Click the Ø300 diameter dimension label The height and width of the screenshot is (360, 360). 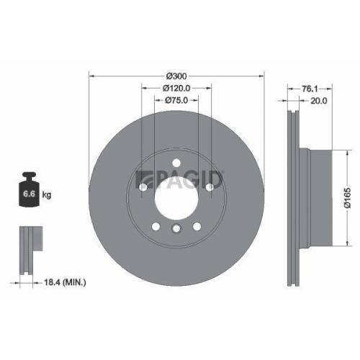(x=177, y=76)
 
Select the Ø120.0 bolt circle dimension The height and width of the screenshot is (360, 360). (x=177, y=88)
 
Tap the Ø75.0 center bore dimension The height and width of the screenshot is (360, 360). (x=177, y=101)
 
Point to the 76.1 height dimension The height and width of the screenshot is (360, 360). (x=308, y=87)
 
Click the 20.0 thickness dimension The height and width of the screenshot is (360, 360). (x=318, y=101)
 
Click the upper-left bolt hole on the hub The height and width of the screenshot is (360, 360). (x=143, y=187)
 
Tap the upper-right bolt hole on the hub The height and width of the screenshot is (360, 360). (x=210, y=187)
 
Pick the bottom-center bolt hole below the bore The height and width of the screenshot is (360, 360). (x=176, y=229)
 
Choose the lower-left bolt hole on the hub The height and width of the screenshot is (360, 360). (x=156, y=227)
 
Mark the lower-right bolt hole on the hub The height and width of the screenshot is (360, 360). (x=197, y=227)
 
